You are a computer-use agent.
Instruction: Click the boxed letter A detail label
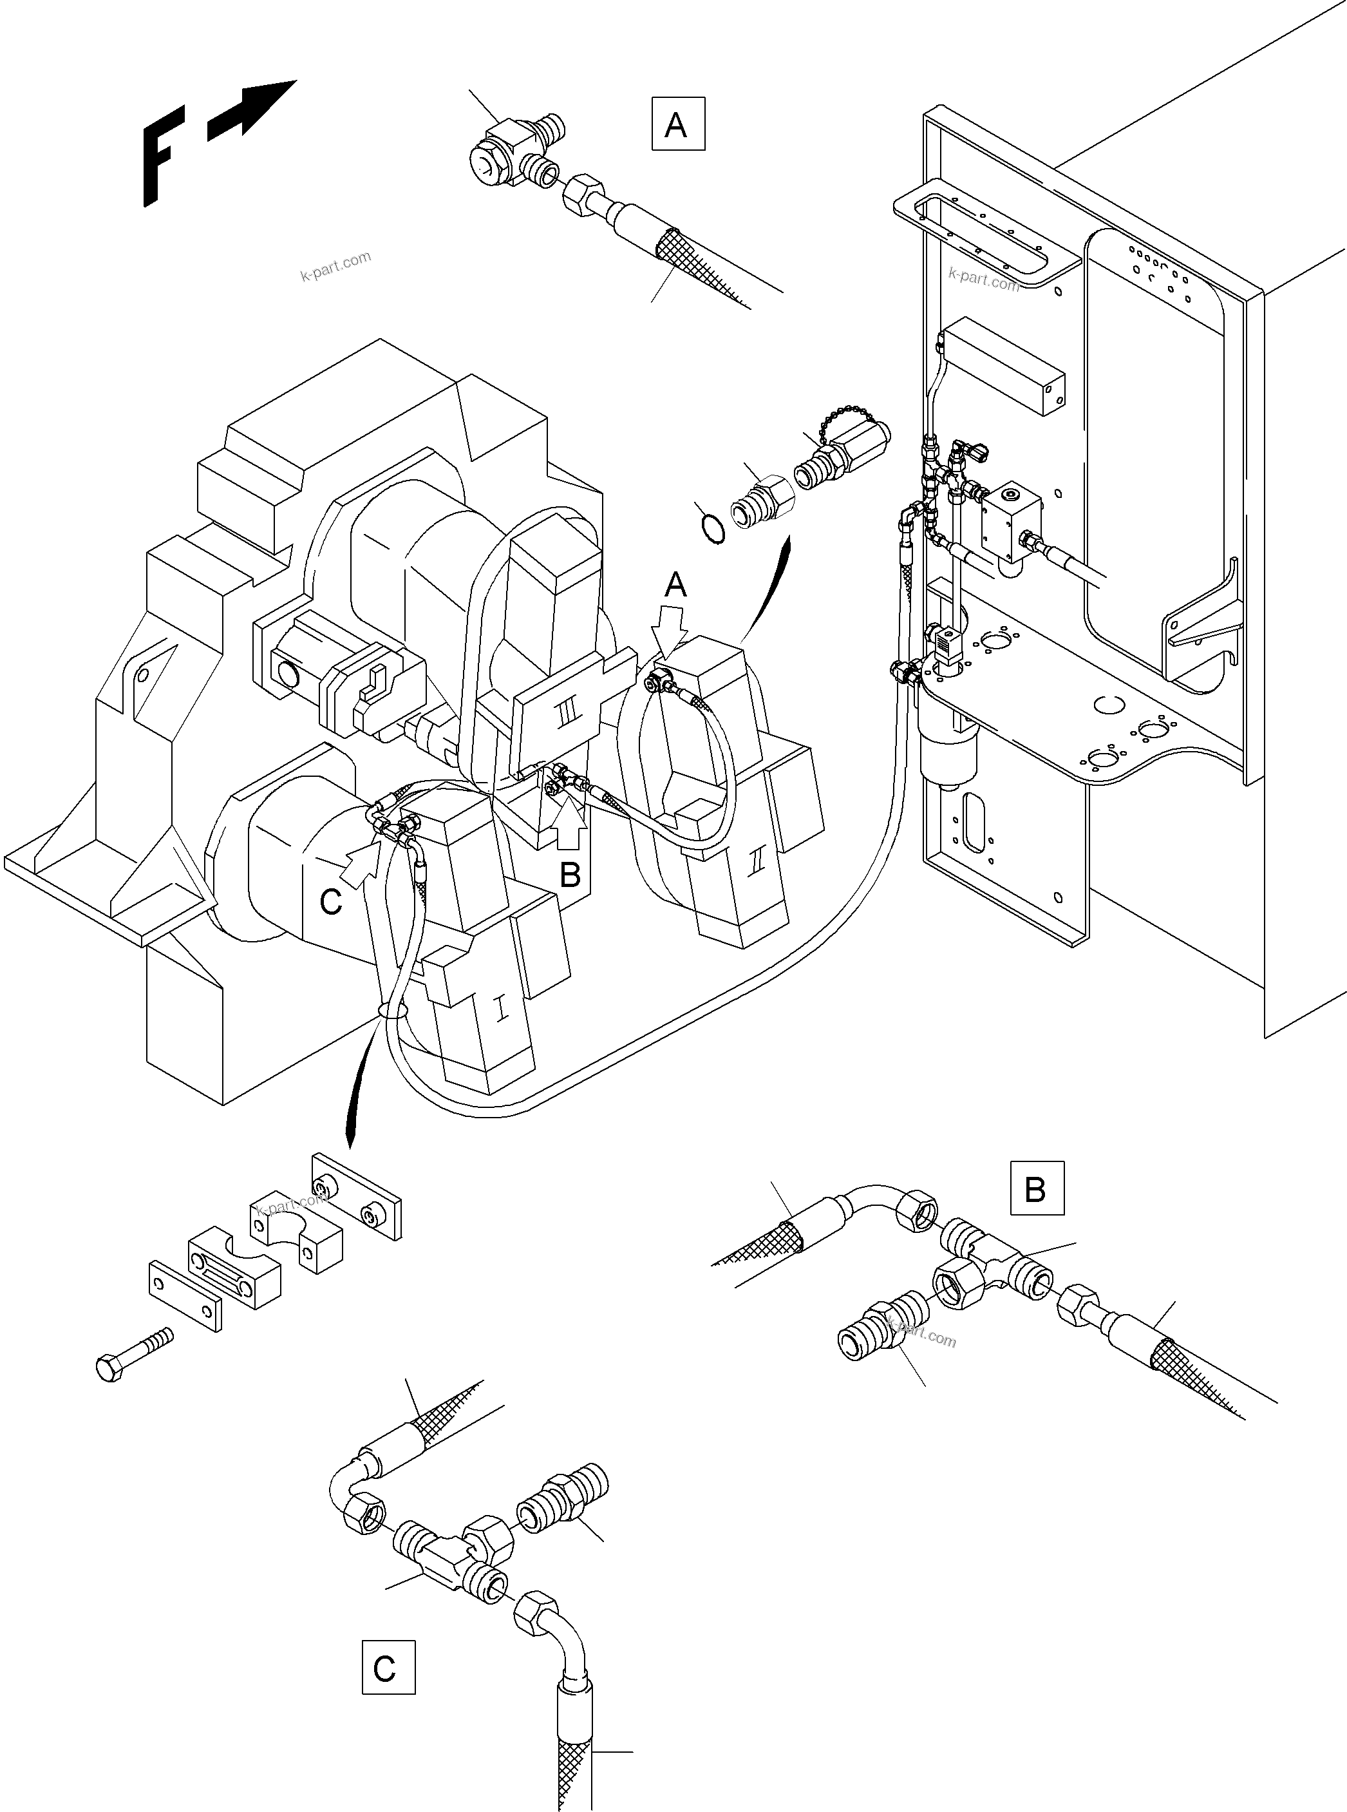click(677, 124)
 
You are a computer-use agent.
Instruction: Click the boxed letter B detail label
click(1037, 1188)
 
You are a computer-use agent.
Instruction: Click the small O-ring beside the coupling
click(713, 529)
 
